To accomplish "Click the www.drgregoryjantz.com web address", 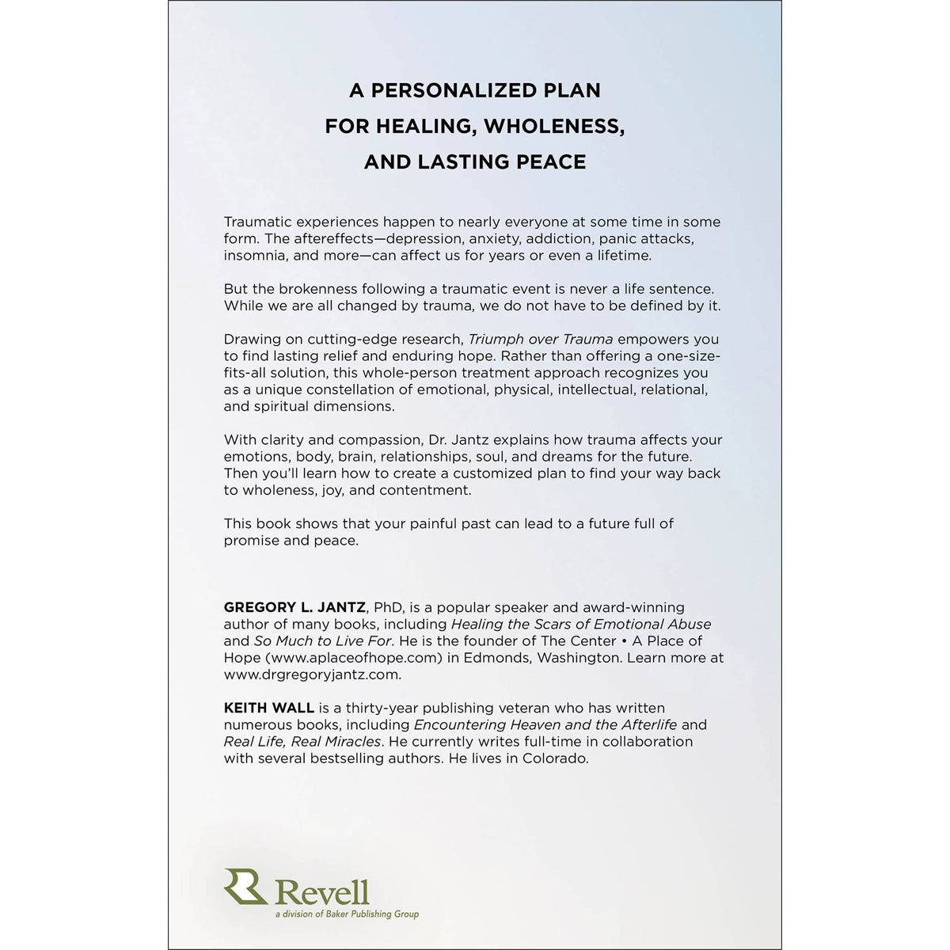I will pos(312,675).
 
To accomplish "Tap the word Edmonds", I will pos(501,658).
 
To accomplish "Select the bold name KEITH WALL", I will pos(269,708).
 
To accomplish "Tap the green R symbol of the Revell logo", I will pos(245,887).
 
